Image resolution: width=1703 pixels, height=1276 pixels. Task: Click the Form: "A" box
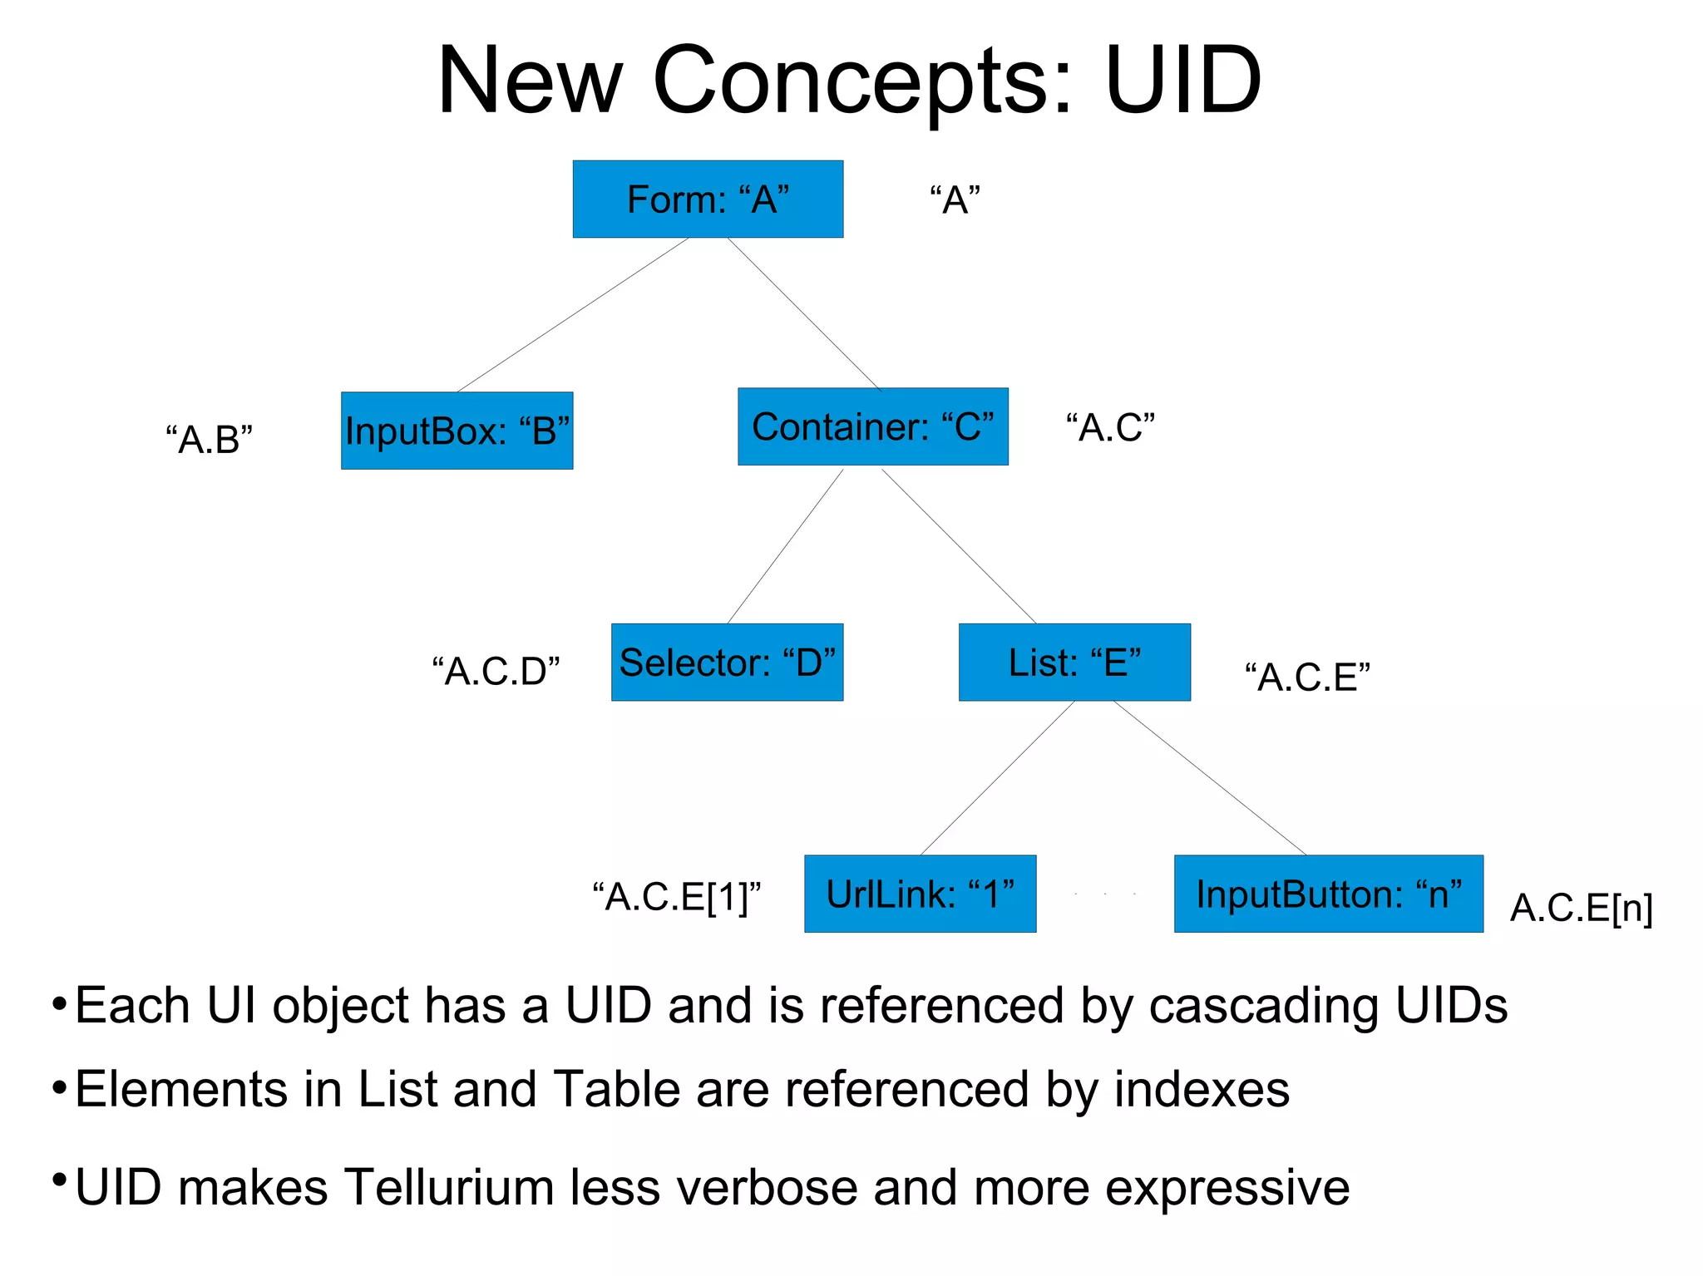(708, 200)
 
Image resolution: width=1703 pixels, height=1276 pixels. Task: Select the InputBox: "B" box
(457, 431)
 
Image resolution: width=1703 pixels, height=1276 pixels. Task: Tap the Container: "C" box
(872, 426)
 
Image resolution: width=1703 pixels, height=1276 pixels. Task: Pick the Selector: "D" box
(727, 663)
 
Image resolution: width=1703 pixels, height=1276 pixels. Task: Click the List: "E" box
(1074, 663)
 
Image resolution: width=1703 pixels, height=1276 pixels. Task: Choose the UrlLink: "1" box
(920, 894)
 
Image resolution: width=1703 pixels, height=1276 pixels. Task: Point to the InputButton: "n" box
(1328, 894)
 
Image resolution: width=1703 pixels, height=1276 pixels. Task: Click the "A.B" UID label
(209, 439)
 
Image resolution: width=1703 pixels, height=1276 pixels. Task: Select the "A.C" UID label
(1111, 427)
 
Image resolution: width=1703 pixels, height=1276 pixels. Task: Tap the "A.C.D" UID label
(496, 671)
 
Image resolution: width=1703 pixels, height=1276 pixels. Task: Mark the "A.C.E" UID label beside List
(1307, 677)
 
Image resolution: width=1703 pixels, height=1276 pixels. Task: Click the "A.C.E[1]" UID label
(677, 897)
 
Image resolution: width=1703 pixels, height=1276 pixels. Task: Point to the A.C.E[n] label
(1581, 908)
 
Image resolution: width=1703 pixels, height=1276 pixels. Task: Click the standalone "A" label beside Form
(955, 200)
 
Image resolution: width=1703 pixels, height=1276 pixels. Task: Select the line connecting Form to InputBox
(572, 315)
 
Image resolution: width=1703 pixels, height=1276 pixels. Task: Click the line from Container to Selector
(785, 546)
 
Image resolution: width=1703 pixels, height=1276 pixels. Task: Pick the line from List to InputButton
(1210, 778)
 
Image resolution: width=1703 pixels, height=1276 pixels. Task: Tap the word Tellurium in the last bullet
(449, 1186)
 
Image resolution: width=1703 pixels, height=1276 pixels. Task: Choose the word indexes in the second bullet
(1202, 1089)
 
